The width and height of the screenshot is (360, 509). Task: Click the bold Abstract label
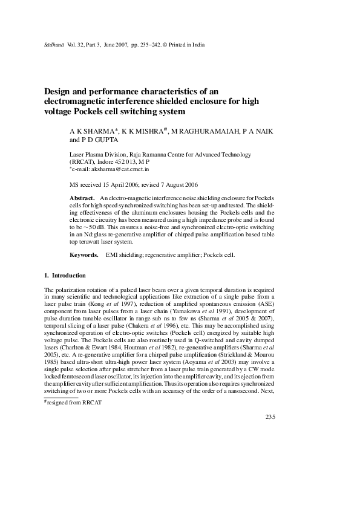coord(82,198)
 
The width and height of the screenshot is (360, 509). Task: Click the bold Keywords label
coord(84,255)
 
